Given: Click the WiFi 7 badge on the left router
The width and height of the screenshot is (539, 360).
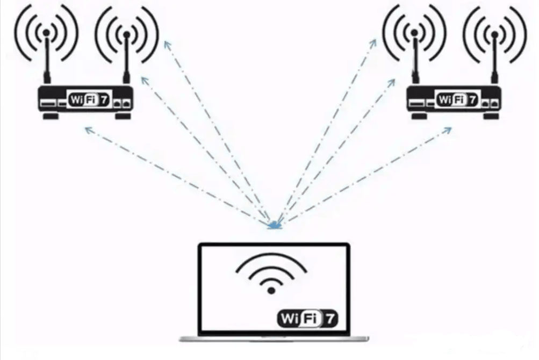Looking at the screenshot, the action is coord(89,100).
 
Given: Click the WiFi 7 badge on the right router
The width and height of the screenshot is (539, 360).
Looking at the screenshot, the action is coord(457,100).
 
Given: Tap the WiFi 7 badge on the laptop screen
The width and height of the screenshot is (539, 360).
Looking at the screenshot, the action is coord(307,319).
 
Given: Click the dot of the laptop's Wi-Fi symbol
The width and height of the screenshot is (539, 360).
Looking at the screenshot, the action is coord(271,291).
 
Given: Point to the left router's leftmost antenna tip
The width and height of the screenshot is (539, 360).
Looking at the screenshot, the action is coord(46,33).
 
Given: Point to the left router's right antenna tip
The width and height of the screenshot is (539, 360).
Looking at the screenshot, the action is coord(127,34).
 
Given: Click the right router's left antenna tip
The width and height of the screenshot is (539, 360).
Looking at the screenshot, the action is coord(414,33).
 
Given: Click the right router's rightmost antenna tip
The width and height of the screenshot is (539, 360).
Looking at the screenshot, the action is coord(494,34).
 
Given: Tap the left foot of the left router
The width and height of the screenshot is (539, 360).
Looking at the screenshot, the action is coord(51,116).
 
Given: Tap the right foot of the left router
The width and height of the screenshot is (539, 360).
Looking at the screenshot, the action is coord(123,116).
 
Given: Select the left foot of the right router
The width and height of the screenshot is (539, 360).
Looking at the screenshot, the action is coord(419,116).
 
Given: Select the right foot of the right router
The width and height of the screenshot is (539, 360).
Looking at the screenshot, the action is coord(491,116).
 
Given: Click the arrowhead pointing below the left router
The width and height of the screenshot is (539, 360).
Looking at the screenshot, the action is coord(89,130).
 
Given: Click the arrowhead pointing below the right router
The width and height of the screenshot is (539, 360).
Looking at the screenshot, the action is coord(448,130).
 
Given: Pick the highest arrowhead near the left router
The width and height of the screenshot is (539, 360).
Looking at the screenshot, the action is coord(167,45).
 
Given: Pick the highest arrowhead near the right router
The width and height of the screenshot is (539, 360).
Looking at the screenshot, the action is coord(373,44).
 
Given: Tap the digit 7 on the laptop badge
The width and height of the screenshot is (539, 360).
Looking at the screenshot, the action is coord(329,319).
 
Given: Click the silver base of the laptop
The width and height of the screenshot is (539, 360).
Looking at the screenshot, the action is coord(274,339).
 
